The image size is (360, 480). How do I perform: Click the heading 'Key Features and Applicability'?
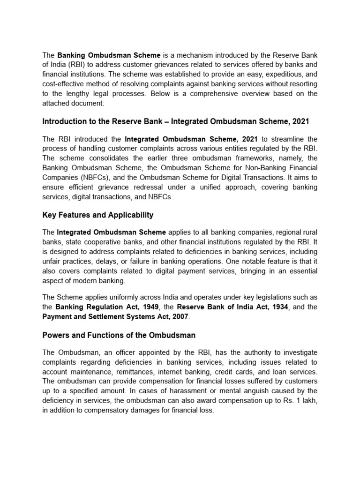(97, 215)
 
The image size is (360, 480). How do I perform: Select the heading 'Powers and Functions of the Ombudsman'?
(119, 335)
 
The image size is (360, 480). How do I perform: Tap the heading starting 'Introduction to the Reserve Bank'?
(176, 121)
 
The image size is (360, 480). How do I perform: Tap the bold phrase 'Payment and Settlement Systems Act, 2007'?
(115, 316)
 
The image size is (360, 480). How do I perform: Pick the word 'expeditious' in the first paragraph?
(278, 74)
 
